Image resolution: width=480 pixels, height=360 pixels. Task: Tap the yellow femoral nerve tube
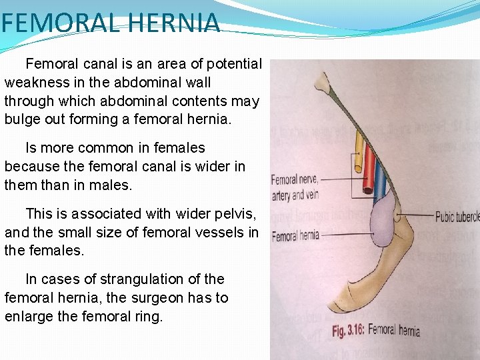point(359,154)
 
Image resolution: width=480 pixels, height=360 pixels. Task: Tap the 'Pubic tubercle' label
point(457,217)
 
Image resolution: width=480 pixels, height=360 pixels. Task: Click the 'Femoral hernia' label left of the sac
point(295,235)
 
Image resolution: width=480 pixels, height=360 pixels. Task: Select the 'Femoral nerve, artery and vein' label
point(295,187)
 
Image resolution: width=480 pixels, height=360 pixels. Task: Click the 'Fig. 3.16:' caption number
point(348,329)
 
